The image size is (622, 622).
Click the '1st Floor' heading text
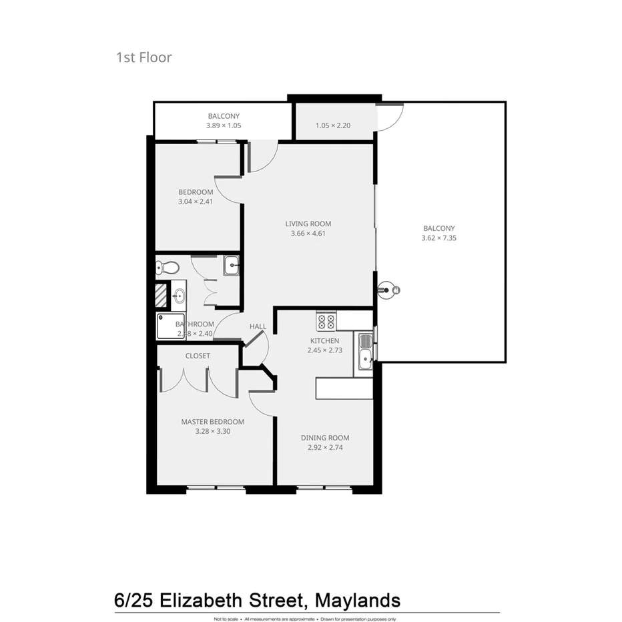[144, 57]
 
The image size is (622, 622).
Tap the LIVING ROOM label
[308, 224]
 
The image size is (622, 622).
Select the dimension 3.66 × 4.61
[308, 234]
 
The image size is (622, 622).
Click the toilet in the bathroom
[167, 268]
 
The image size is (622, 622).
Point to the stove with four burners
[326, 322]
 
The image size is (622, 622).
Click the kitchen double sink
[366, 352]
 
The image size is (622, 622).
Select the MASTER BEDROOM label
[212, 422]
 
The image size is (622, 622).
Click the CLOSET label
[198, 356]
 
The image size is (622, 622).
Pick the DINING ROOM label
[325, 438]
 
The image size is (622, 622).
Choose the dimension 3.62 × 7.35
[438, 238]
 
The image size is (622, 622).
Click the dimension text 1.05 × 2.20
[333, 125]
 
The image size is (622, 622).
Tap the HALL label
[258, 326]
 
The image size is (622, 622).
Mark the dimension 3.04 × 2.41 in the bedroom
[196, 202]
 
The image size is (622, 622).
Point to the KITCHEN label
[324, 341]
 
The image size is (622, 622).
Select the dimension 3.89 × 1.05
[223, 125]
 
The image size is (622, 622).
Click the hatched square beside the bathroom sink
[161, 294]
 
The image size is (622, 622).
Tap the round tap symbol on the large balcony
[387, 290]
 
